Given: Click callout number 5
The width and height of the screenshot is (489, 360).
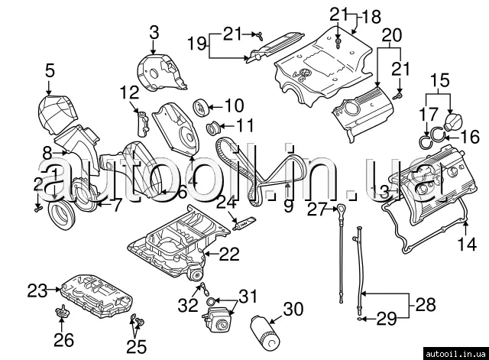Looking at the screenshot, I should [x=50, y=71].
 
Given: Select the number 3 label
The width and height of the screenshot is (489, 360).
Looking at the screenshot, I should [x=154, y=32].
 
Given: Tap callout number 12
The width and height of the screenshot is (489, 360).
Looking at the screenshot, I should [x=128, y=93].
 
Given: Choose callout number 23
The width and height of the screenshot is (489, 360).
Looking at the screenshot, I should [x=37, y=290].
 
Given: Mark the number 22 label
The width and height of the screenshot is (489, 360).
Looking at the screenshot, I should [x=230, y=253].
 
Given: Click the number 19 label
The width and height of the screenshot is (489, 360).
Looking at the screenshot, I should [x=196, y=44].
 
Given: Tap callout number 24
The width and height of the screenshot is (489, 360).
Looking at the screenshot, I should [x=225, y=203].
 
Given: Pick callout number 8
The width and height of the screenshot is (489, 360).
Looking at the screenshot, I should [x=47, y=152].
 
